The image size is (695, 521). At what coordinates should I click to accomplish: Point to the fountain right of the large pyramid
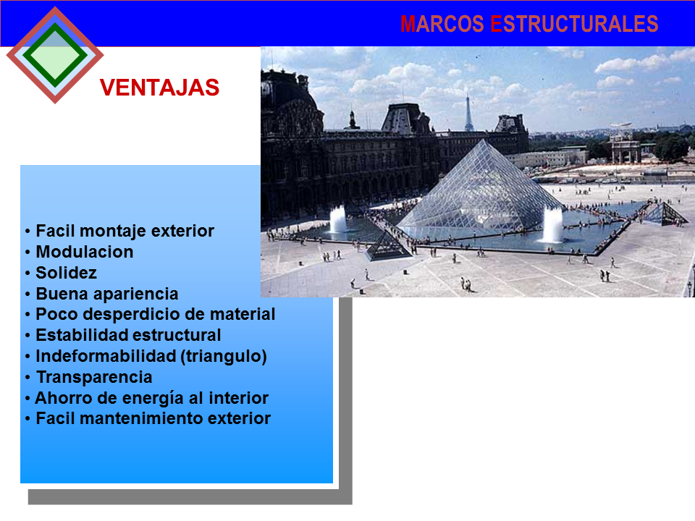click(x=552, y=225)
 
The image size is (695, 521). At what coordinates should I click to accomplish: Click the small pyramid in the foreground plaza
click(x=388, y=246)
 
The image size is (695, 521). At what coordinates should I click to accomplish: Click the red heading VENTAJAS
click(x=159, y=88)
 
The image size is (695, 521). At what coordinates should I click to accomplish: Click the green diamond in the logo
click(x=54, y=54)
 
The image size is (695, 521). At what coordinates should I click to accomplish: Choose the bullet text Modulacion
click(x=85, y=253)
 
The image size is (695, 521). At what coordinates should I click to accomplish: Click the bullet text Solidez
click(x=66, y=274)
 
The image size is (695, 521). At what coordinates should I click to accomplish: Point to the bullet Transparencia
click(x=94, y=377)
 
